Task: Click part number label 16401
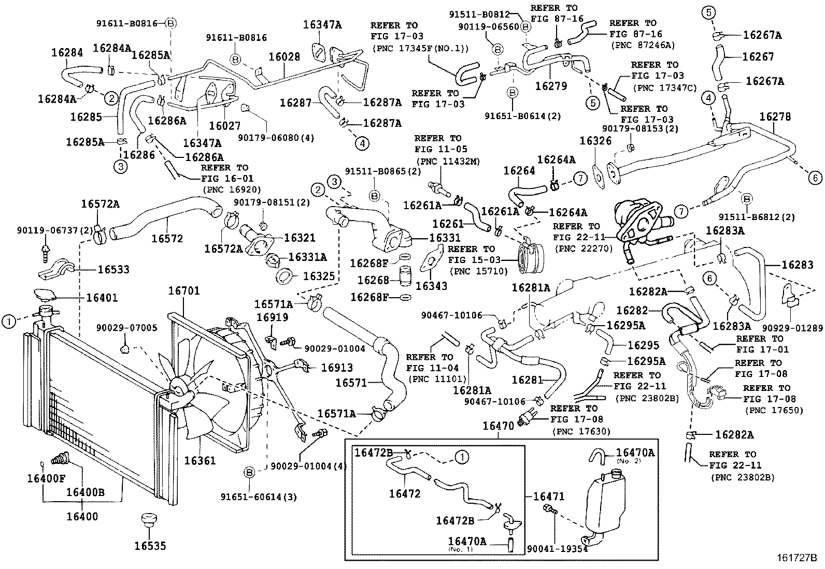point(102,298)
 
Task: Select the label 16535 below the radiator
point(150,545)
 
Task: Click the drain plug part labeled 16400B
point(61,458)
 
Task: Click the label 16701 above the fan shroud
point(183,291)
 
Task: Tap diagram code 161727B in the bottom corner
point(796,558)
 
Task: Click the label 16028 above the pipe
point(284,56)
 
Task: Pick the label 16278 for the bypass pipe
point(775,116)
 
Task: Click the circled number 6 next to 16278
point(814,178)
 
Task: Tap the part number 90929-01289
point(792,328)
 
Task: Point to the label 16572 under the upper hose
point(167,238)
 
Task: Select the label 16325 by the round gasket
point(319,276)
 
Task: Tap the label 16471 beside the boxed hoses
point(548,497)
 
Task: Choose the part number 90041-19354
point(557,548)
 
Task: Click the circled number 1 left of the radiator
point(8,322)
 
